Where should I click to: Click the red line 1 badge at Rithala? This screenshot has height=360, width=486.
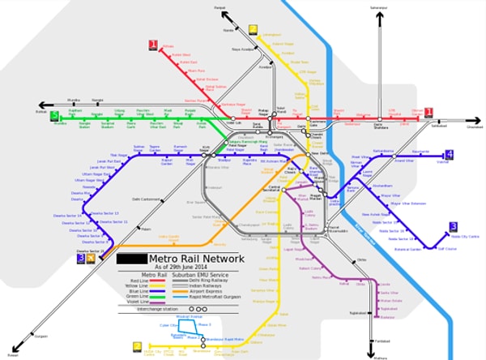(151, 45)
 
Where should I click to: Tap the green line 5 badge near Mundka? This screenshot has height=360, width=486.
(55, 116)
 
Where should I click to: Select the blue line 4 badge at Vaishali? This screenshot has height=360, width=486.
(449, 155)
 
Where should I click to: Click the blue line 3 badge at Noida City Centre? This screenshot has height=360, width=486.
(453, 227)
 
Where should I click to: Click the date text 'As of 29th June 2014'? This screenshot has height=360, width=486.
(190, 268)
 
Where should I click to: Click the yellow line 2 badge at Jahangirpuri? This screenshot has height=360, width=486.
(254, 27)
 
